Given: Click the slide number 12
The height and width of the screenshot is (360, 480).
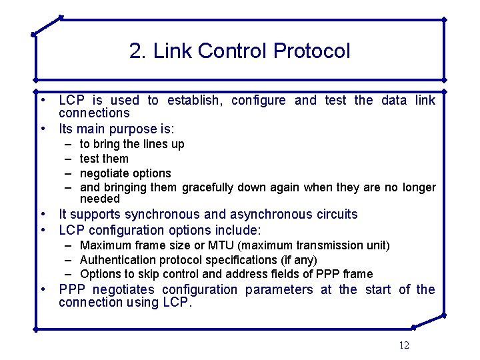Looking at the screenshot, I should [x=404, y=345].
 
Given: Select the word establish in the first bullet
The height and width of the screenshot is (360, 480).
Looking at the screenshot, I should [x=195, y=101].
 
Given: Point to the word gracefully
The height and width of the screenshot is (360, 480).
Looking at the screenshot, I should [x=207, y=187].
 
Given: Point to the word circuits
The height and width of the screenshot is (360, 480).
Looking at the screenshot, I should [x=337, y=215].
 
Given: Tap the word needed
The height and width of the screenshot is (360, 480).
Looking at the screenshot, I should [x=100, y=199].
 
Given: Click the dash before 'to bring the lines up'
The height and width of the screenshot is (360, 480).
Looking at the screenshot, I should [x=68, y=144].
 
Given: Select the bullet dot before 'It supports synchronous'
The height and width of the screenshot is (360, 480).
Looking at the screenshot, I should [x=43, y=215].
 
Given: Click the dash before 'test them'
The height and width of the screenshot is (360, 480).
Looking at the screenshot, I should [x=68, y=159].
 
